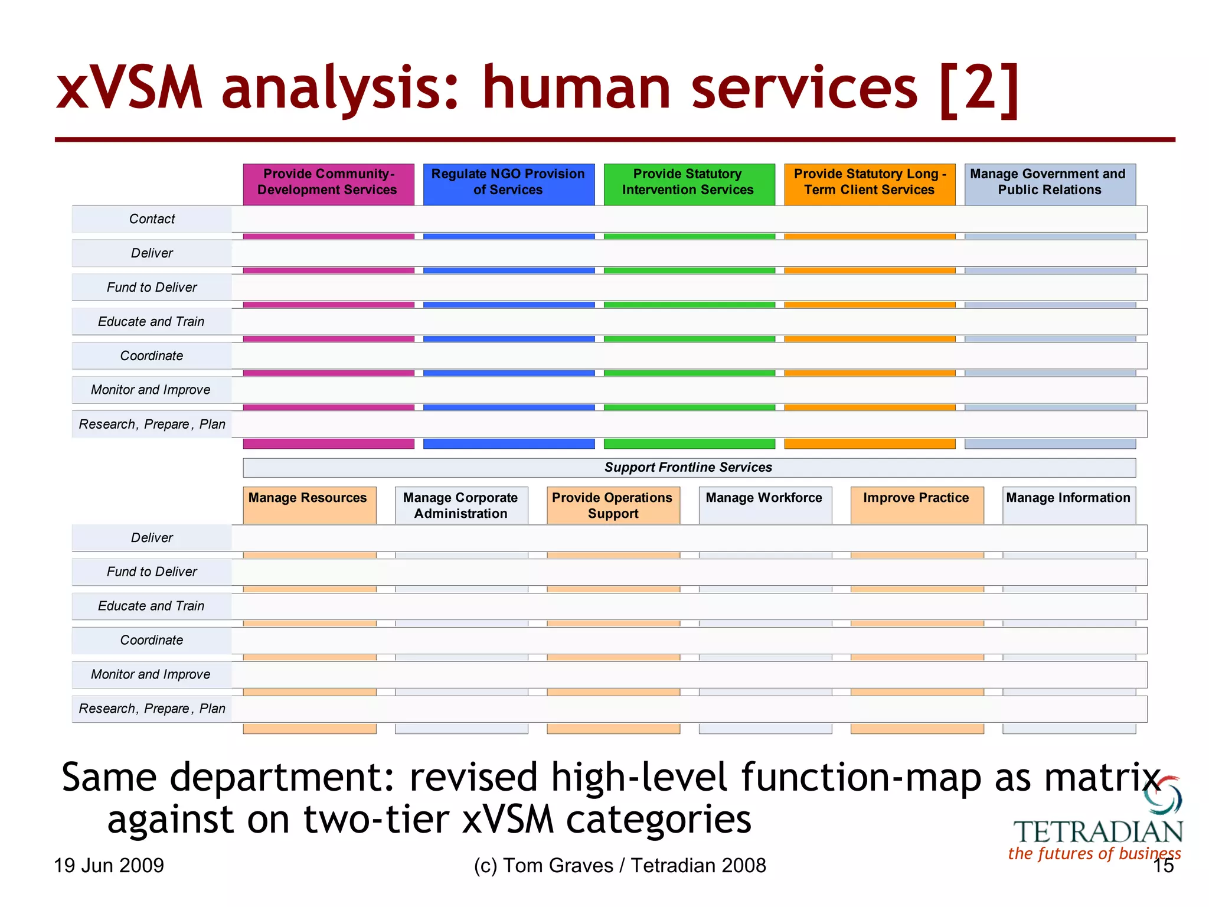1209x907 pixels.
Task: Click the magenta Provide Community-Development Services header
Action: (328, 184)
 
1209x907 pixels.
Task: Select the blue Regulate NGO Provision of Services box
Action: (508, 184)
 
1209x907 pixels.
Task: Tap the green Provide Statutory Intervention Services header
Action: (688, 184)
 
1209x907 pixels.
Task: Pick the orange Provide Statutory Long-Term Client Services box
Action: (870, 184)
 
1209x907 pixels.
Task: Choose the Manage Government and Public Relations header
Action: (1050, 184)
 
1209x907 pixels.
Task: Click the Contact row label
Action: (152, 219)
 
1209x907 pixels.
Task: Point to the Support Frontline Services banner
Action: (688, 468)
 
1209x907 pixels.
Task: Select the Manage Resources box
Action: (309, 504)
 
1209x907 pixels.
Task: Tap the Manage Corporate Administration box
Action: (461, 505)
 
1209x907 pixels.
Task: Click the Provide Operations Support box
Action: (613, 505)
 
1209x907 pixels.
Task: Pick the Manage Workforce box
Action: (764, 504)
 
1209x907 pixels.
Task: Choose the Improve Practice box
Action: (916, 504)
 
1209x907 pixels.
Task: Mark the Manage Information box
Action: (1069, 504)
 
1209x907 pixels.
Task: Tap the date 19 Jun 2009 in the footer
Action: (109, 866)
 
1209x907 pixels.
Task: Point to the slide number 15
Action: (1164, 866)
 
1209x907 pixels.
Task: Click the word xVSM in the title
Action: (130, 89)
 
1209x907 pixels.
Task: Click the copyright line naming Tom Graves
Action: (619, 866)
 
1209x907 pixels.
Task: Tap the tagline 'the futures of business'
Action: (1094, 854)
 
